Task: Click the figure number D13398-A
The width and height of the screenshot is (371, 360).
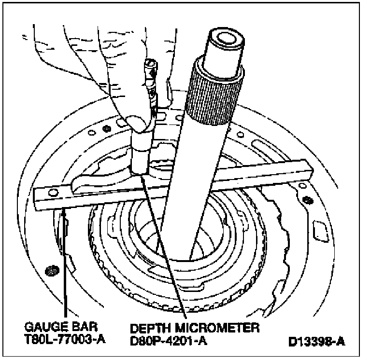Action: click(x=316, y=342)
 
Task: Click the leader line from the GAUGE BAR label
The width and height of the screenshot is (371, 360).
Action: click(x=64, y=261)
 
